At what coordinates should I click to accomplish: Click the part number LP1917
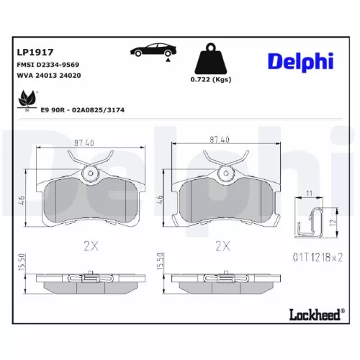coord(32,51)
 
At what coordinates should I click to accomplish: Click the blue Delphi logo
coord(301,61)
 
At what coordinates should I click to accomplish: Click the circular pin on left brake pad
coord(90,173)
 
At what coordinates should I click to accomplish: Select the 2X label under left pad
coord(90,246)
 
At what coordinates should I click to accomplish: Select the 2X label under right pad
coord(224,246)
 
